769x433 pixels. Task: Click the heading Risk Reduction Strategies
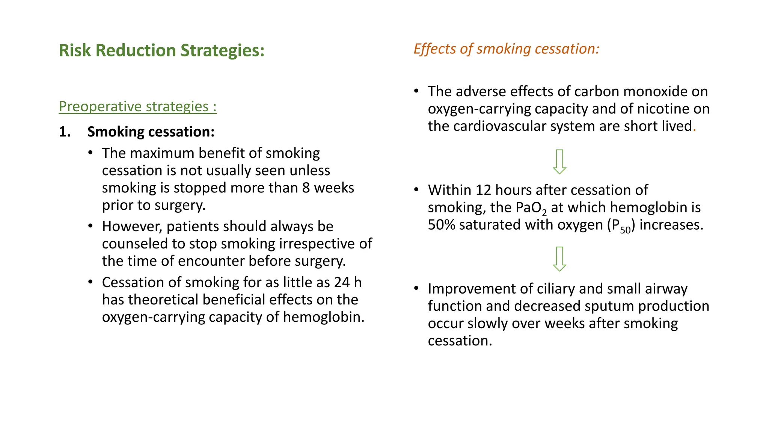pos(161,50)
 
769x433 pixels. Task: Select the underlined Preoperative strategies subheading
pos(137,106)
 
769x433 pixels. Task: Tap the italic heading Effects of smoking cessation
pos(506,49)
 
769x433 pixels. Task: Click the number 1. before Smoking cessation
pos(65,132)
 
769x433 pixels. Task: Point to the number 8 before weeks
pos(306,188)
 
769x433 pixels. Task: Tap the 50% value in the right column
pos(441,225)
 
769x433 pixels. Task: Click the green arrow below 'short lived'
pos(559,162)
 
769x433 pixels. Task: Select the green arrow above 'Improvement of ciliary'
pos(559,259)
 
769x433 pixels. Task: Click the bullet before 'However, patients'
pos(90,226)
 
